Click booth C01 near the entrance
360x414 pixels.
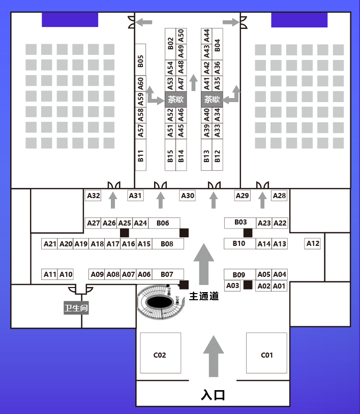click(266, 355)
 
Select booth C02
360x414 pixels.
click(160, 355)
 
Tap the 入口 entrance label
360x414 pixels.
click(213, 395)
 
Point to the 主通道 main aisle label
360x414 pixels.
click(204, 296)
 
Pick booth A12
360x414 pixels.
click(313, 244)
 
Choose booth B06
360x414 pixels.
click(163, 223)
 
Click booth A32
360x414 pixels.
click(94, 196)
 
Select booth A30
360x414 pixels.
click(188, 196)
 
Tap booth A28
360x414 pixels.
click(279, 196)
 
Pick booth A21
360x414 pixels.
click(50, 244)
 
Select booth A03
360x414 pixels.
click(232, 286)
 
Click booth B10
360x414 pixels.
click(239, 244)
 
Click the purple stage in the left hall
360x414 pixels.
click(70, 20)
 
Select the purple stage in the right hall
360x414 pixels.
click(299, 20)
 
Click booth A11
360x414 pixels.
click(50, 274)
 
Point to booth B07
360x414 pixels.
click(167, 274)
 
